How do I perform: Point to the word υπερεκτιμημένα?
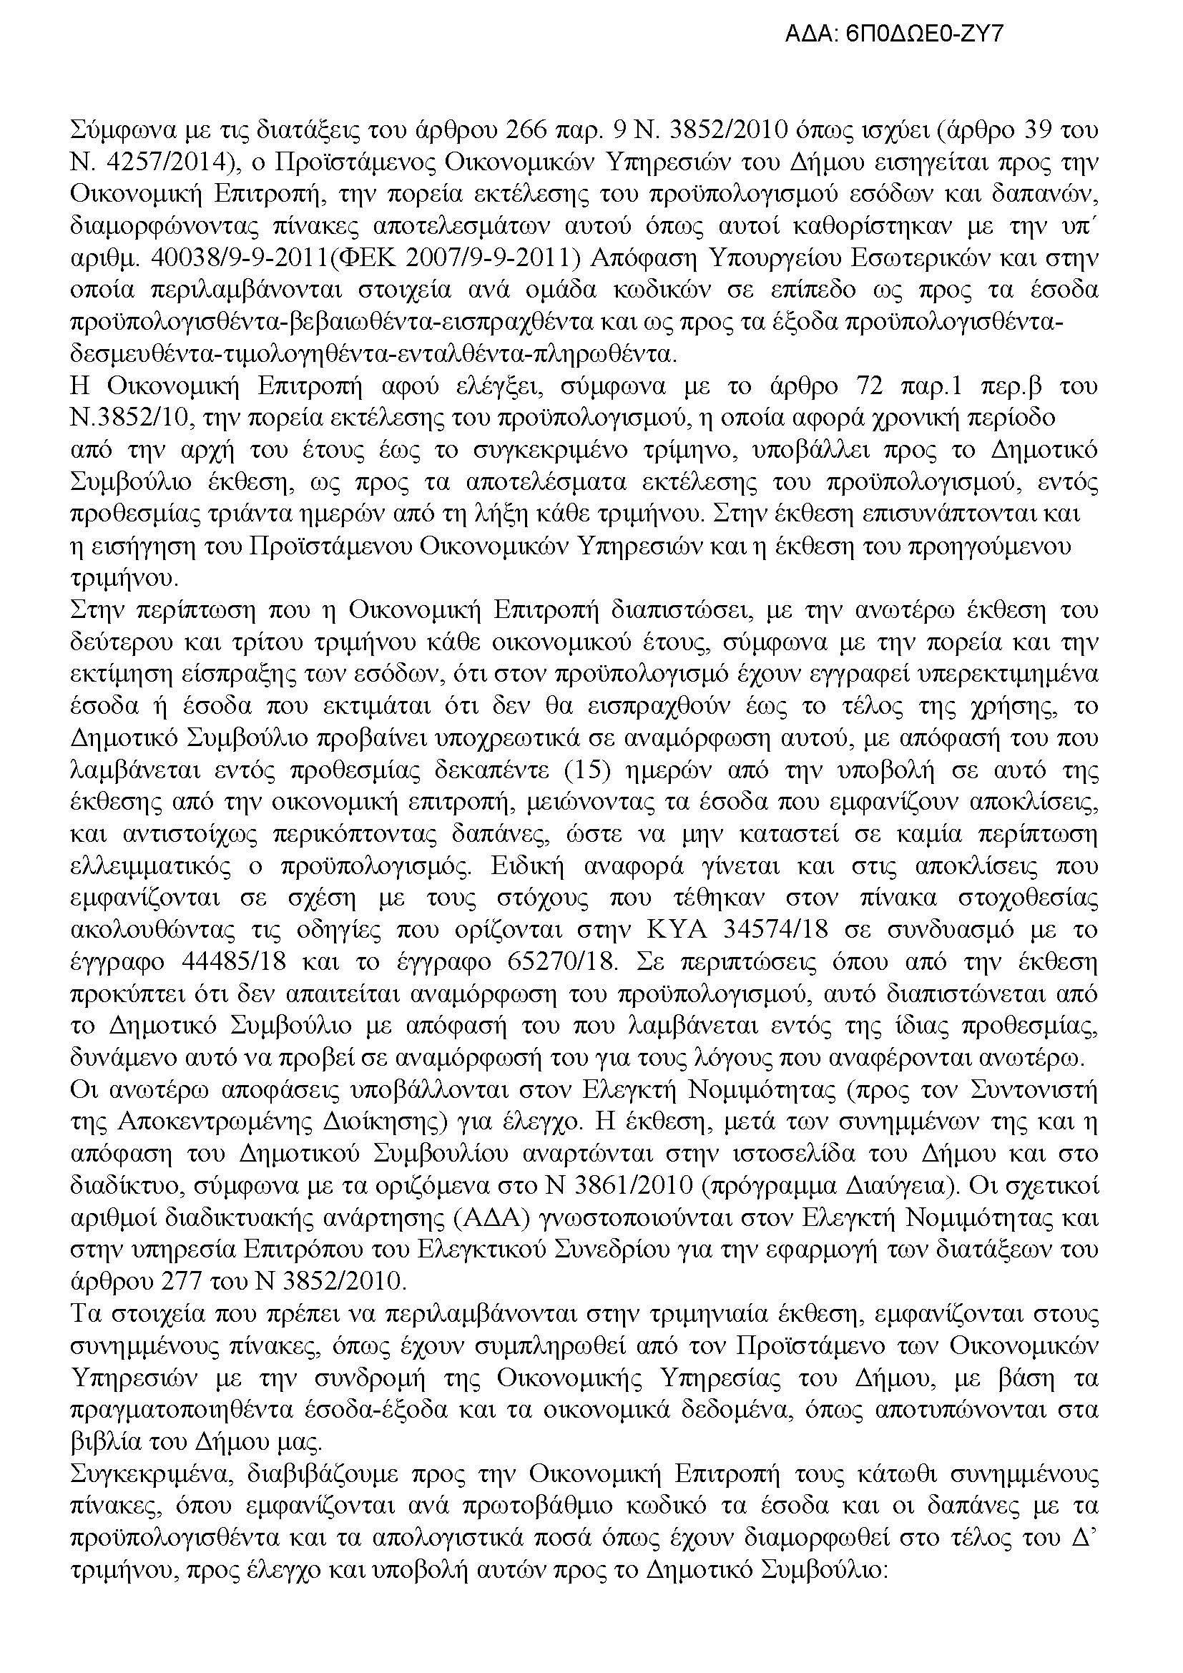click(x=1013, y=674)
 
